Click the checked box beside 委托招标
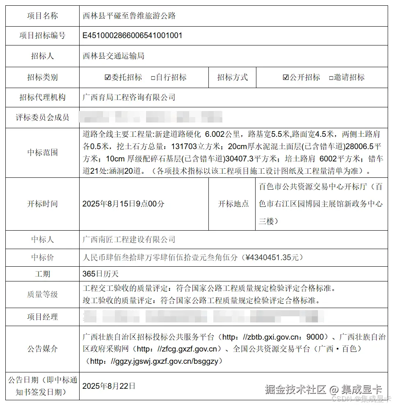click(x=108, y=77)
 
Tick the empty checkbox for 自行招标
click(x=153, y=78)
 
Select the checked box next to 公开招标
click(x=286, y=77)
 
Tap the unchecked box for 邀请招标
click(x=331, y=78)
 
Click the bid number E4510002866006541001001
click(x=133, y=35)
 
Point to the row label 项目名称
click(x=42, y=16)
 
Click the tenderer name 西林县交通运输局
click(x=114, y=56)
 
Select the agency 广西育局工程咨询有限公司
click(x=129, y=98)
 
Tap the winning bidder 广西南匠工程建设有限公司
click(x=129, y=239)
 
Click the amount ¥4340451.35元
click(x=274, y=258)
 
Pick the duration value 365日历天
click(x=101, y=274)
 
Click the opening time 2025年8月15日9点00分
click(x=123, y=204)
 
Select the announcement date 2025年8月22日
click(x=109, y=386)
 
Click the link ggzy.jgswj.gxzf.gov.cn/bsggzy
click(x=156, y=361)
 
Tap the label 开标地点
click(x=233, y=204)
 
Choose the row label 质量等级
click(x=42, y=294)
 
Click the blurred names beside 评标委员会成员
click(x=152, y=117)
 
